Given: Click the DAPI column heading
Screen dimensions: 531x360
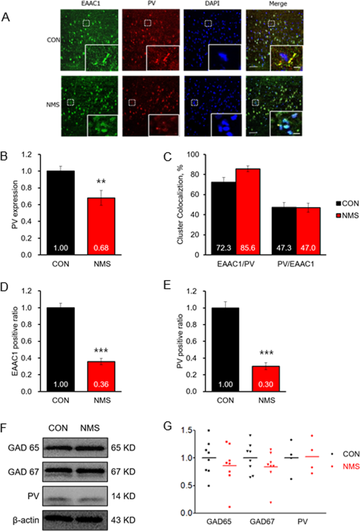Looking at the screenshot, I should pyautogui.click(x=208, y=5).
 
